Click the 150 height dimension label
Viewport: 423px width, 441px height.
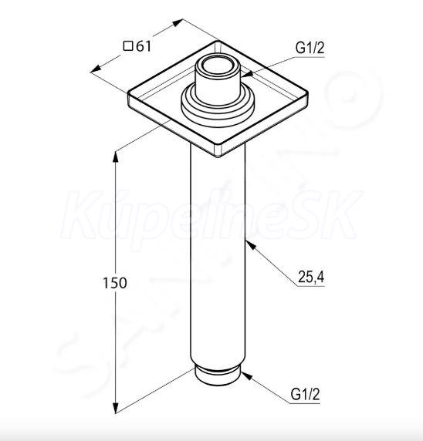click(x=114, y=283)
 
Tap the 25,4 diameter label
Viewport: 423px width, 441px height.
click(x=311, y=277)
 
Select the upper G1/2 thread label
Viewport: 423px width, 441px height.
click(x=310, y=48)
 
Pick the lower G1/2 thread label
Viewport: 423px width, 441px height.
click(x=305, y=394)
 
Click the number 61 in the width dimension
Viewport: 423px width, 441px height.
click(x=144, y=46)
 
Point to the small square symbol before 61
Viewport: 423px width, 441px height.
click(x=128, y=45)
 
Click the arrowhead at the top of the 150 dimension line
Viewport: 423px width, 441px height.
click(x=116, y=157)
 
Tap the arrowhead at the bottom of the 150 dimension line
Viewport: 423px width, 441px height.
click(x=116, y=408)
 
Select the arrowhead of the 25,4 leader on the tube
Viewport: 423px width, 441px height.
click(x=250, y=244)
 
